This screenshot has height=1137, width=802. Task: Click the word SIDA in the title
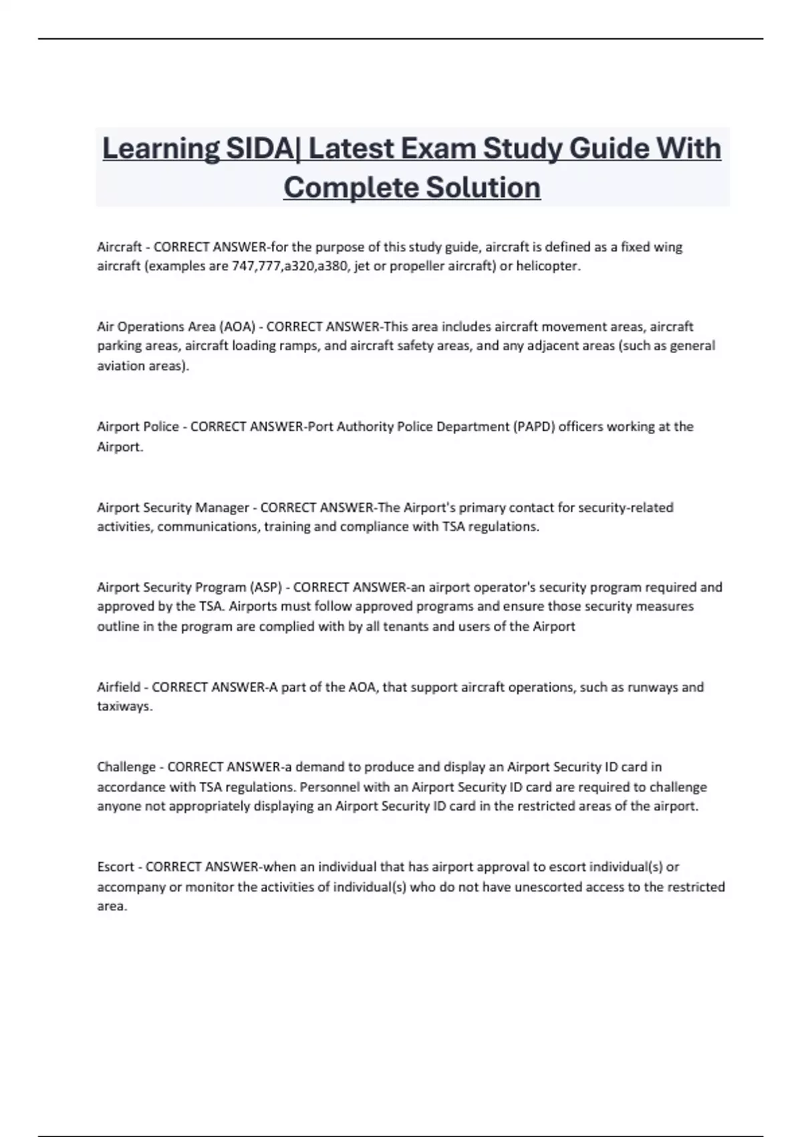coord(259,148)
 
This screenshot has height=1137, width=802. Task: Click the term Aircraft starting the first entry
coord(119,247)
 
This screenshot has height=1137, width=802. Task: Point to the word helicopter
coord(548,266)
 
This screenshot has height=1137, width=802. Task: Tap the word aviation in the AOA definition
coord(121,366)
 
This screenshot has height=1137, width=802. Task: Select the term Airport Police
coord(138,427)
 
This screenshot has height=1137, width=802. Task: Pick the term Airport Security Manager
coord(173,507)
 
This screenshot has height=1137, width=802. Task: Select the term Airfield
coord(119,687)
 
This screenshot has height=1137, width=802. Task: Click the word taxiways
coord(124,706)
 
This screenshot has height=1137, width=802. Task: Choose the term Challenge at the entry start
coord(126,766)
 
